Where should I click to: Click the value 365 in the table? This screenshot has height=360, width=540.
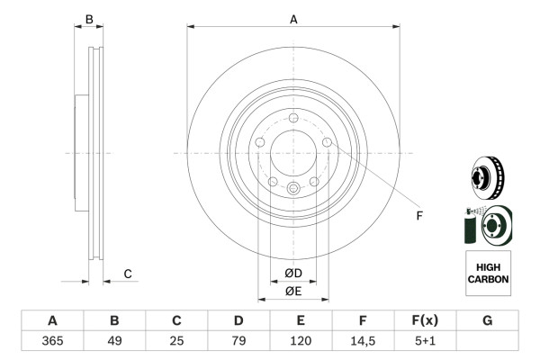(52, 340)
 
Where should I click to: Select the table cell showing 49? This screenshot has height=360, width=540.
(114, 340)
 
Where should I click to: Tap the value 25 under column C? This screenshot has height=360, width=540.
(176, 340)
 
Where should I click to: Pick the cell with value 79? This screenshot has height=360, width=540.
(238, 340)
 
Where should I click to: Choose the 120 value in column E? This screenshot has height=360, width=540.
(301, 340)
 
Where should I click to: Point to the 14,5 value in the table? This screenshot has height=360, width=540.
(363, 340)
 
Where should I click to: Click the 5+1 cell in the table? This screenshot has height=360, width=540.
(425, 340)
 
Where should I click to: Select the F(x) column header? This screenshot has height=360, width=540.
(425, 320)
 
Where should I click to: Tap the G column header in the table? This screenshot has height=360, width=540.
(487, 320)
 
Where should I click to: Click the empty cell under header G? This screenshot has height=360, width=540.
(487, 340)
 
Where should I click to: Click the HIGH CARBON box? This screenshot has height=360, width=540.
(488, 274)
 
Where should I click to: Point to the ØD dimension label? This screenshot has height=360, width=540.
(293, 274)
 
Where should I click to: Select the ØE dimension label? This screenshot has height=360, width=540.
(293, 291)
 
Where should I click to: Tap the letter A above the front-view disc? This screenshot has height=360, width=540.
(293, 19)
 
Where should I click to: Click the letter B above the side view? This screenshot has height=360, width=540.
(89, 19)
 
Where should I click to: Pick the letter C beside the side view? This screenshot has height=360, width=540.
(127, 274)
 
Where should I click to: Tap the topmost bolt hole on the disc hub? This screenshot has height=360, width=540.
(293, 118)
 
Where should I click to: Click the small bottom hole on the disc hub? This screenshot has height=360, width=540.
(293, 187)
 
